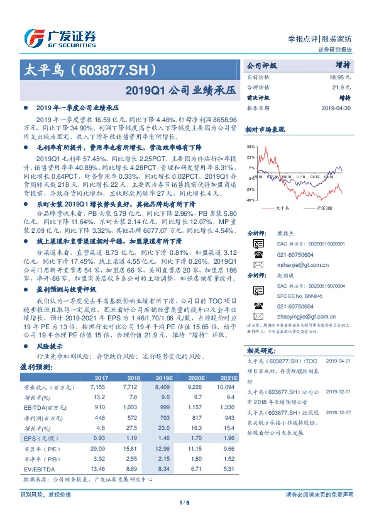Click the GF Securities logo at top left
tap(59, 36)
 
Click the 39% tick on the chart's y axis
tap(251, 146)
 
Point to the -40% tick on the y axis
tap(251, 200)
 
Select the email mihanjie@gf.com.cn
tap(300, 266)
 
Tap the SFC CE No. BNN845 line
tap(299, 296)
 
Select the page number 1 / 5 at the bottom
tap(184, 502)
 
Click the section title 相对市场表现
tap(265, 129)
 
